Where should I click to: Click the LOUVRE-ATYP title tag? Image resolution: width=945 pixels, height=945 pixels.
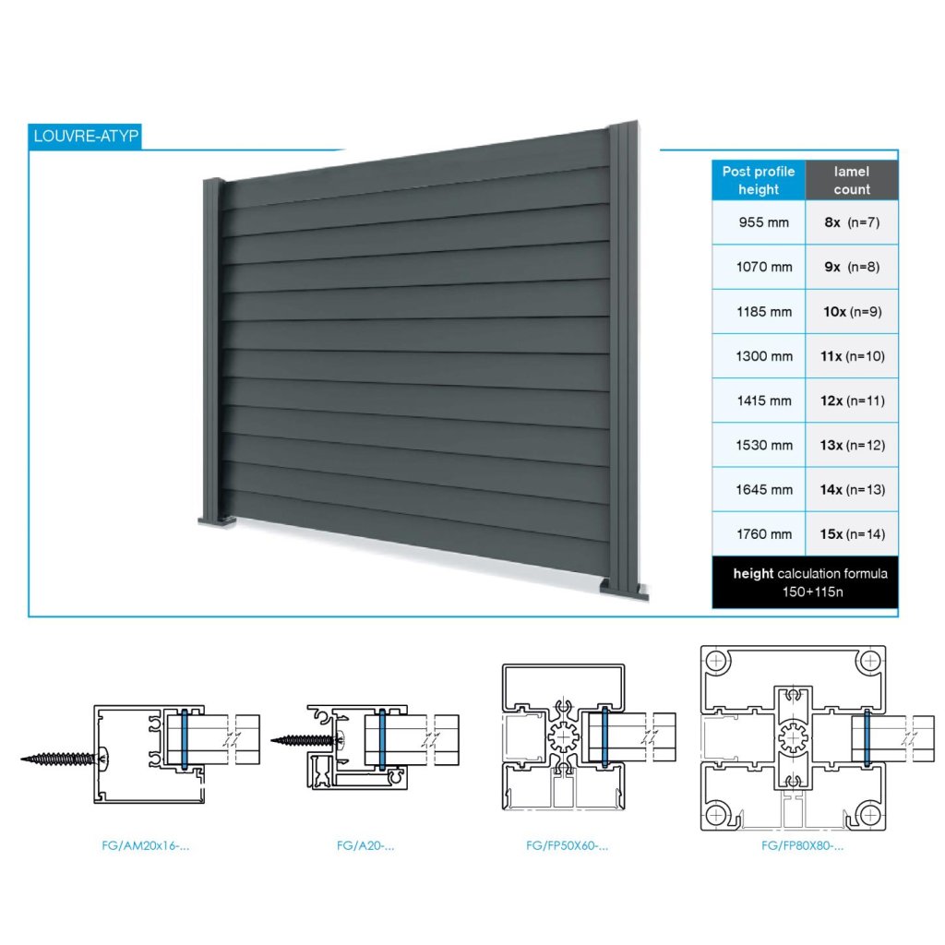coord(85,136)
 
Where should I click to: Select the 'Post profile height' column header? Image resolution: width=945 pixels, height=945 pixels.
coord(758,181)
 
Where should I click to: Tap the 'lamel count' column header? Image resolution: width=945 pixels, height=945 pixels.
coord(851,181)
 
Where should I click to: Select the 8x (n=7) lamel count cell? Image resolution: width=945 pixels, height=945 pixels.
coord(852,222)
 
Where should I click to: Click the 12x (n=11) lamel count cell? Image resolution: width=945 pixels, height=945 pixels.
coord(852,401)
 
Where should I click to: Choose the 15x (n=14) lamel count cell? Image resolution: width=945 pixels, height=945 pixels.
coord(852,534)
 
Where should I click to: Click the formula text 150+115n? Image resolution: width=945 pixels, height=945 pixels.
coord(805,592)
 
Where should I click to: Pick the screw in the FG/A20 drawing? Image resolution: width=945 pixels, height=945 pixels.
coord(305,739)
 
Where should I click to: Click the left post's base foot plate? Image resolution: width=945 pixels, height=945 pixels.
coord(217,522)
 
